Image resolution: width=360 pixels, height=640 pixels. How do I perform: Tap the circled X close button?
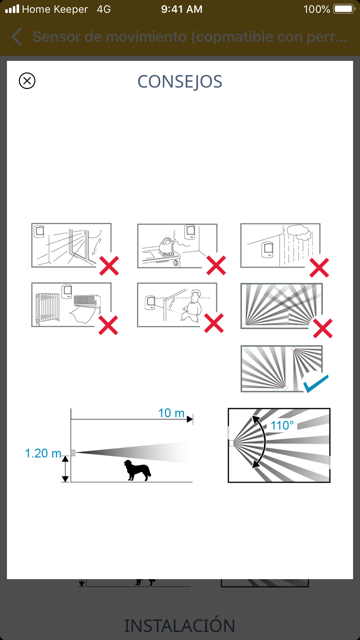pos(27,81)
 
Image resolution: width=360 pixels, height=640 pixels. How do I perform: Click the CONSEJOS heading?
pos(180,82)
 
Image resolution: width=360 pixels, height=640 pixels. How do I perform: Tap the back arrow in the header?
pos(17,37)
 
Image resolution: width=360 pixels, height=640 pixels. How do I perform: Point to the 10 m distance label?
pos(171,413)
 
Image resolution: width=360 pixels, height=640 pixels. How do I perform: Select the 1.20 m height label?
pos(43,453)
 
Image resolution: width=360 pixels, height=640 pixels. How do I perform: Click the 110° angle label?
pos(282,426)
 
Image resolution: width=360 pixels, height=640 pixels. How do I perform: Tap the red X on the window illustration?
pos(109,266)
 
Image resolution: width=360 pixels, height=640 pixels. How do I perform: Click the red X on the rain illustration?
pos(319,268)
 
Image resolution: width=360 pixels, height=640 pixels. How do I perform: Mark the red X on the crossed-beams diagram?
pos(323,328)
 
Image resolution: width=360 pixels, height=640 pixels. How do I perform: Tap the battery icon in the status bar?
pos(344,9)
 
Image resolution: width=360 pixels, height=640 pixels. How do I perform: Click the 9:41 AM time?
pos(182,9)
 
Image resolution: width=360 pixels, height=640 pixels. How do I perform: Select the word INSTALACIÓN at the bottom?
pos(180,626)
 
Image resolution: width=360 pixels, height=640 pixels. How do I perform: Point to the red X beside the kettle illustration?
pos(216,265)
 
